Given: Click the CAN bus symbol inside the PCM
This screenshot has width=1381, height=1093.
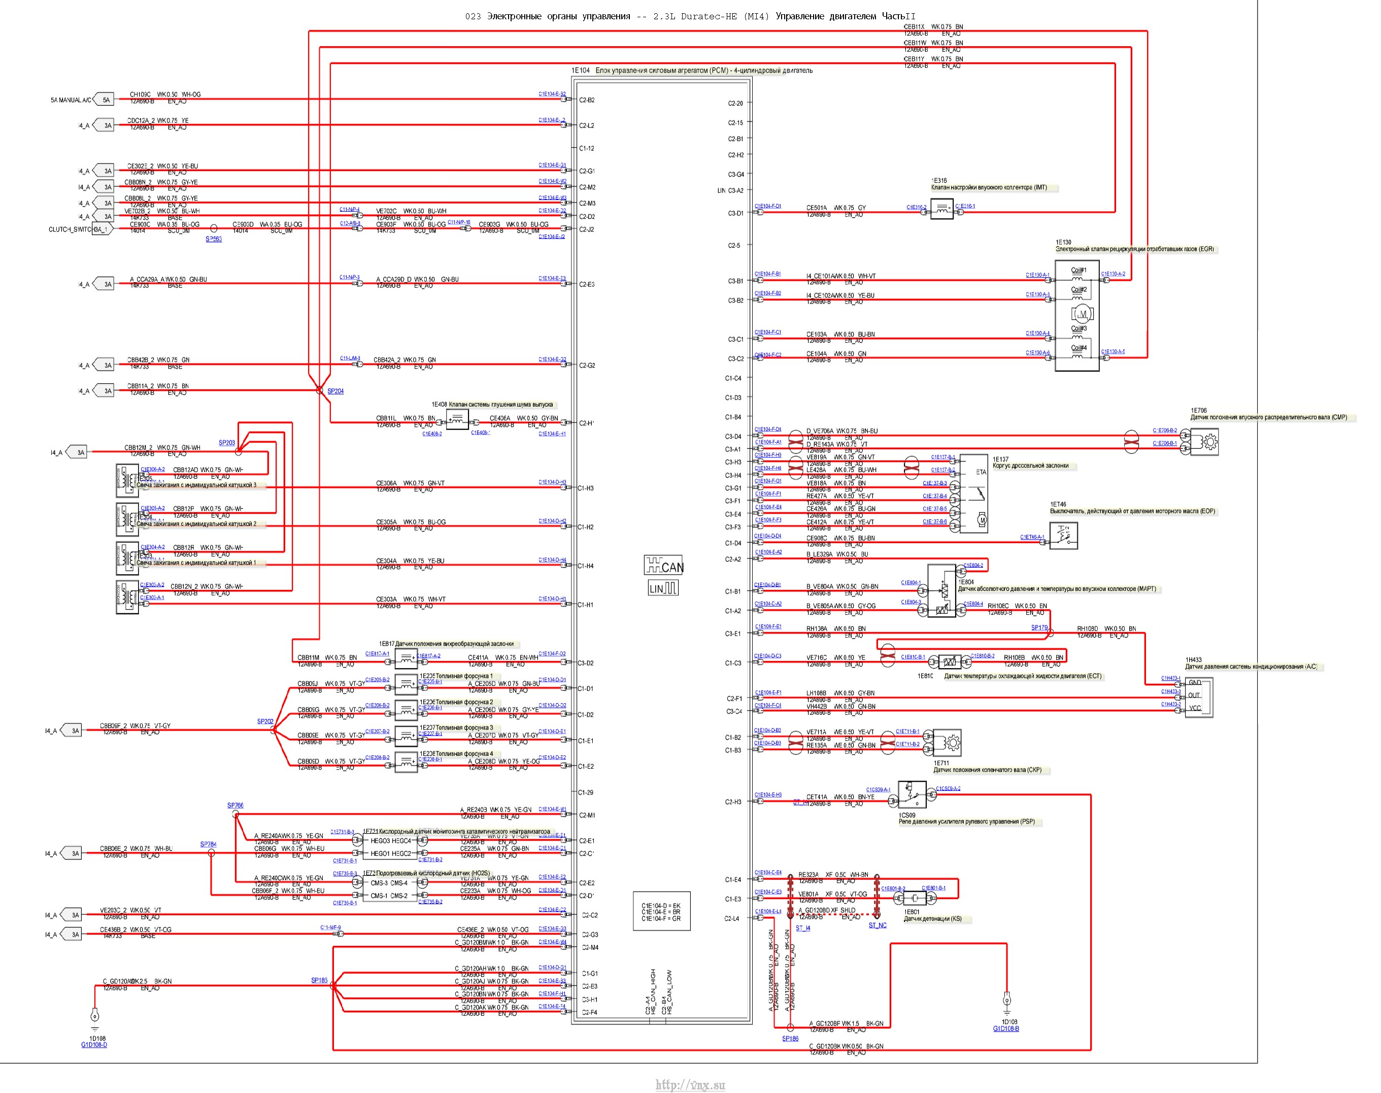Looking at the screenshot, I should pos(663,566).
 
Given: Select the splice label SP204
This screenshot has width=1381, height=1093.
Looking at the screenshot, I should pos(335,391).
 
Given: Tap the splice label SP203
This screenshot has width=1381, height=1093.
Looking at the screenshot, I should pos(226,443).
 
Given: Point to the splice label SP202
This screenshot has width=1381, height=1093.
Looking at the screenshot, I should pos(265,722).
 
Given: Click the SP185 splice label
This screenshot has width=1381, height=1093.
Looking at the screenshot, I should pos(319,980).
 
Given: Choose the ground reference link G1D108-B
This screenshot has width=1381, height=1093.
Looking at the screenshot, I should pos(1005,1029).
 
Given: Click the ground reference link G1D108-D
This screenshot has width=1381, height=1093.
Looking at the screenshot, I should pos(94,1045).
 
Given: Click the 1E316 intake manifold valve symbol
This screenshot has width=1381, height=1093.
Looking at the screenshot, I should pos(941,209).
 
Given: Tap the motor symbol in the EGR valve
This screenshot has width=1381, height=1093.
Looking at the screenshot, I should pos(1082,314).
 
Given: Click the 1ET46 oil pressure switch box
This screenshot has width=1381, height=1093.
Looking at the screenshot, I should pos(1063,536).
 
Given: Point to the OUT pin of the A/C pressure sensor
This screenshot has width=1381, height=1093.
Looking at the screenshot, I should pos(1194,695).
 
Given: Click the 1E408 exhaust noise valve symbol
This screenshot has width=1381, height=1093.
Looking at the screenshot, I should pos(457,420).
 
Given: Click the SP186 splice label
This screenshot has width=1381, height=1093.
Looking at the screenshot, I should pos(790,1039).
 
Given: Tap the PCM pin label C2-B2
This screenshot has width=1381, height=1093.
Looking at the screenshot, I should pos(587,101).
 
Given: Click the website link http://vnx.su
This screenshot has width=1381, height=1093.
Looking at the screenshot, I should pos(690,1085).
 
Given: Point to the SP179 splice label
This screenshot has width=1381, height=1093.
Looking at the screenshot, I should pos(1039,628).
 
